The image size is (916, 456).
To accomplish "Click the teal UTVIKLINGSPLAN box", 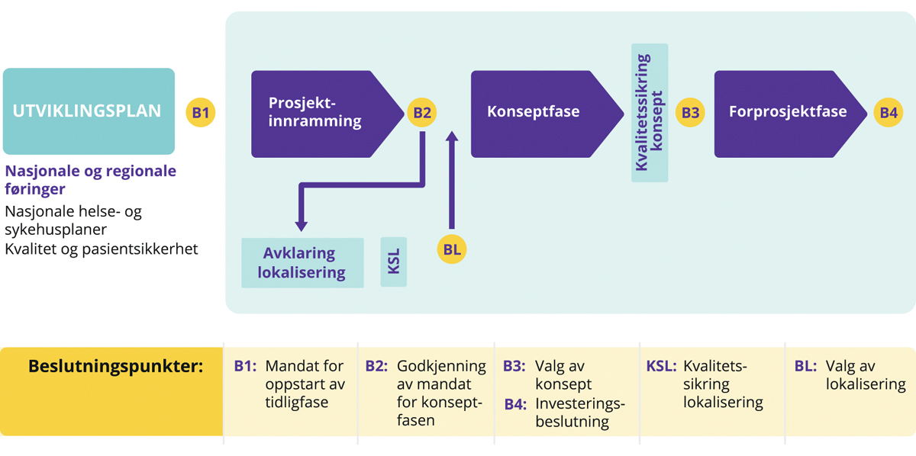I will tap(89, 111).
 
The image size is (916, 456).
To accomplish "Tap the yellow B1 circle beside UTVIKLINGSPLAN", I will tap(201, 113).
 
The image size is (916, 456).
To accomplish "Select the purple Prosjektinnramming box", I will tap(321, 113).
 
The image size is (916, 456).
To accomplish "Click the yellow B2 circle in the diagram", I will tap(422, 113).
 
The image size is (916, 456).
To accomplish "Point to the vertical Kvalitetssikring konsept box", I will tap(650, 112).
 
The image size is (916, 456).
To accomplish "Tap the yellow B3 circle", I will tap(690, 113).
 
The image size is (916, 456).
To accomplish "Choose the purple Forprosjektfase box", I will tap(786, 113).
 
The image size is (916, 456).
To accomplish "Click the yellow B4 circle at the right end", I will tap(889, 113).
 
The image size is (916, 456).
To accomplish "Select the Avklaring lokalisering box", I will tap(303, 263).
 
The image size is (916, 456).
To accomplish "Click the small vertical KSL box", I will tap(394, 262).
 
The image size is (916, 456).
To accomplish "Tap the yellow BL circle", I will tap(451, 249).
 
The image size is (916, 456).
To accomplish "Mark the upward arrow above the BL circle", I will tap(451, 179).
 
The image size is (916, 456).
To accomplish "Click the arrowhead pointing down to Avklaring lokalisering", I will tap(302, 225).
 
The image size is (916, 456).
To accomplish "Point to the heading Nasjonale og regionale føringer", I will tap(90, 179).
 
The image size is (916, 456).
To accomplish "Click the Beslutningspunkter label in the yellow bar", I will tap(115, 366).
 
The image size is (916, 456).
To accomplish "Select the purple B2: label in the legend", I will tap(378, 366).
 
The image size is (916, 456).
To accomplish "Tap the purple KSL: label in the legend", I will tap(661, 366).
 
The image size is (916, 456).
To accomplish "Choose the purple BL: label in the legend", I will tap(805, 366).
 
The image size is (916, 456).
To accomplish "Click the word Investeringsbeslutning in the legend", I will tap(580, 412).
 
